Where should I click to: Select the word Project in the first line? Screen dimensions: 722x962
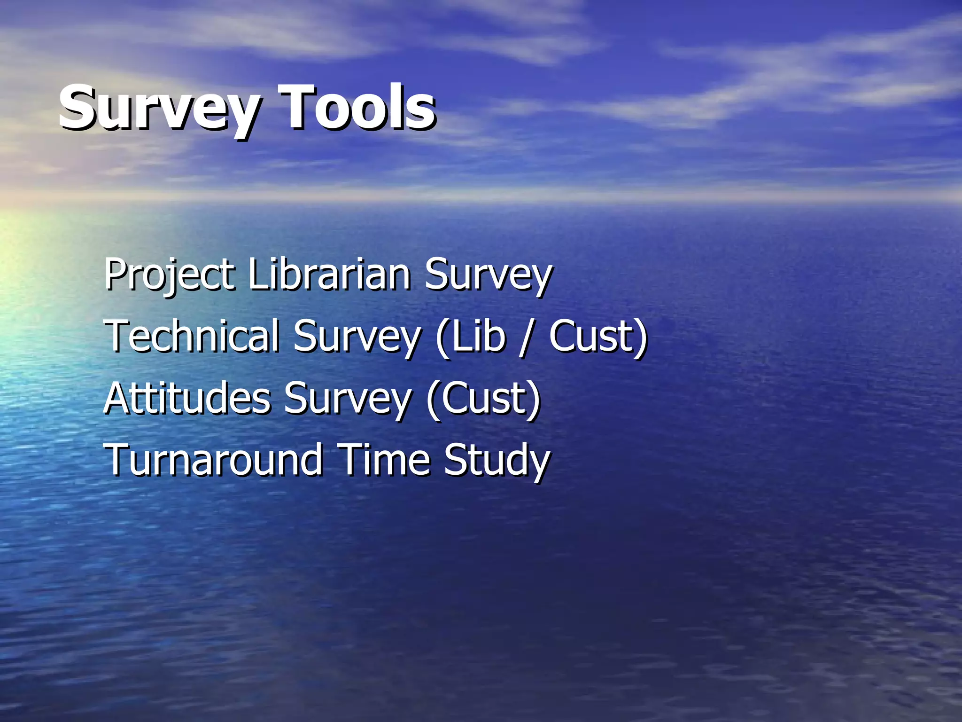[x=169, y=275]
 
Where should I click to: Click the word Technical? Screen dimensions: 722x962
[x=192, y=336]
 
